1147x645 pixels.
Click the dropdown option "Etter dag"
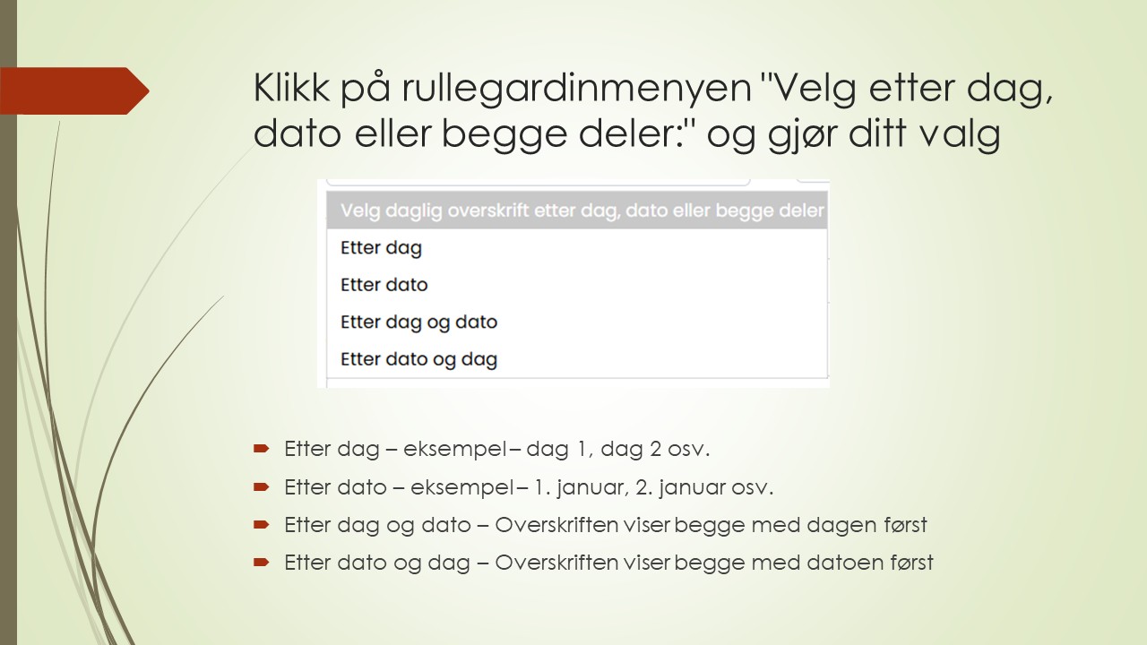381,248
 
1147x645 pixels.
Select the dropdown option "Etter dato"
384,285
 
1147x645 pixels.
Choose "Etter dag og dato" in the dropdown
418,322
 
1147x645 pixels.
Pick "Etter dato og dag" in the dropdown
418,359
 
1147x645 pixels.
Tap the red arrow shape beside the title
75,90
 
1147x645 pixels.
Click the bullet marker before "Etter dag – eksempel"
261,447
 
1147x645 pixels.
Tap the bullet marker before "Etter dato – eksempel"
261,486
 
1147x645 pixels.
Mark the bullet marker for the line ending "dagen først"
261,524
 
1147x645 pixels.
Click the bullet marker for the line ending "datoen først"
261,562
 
